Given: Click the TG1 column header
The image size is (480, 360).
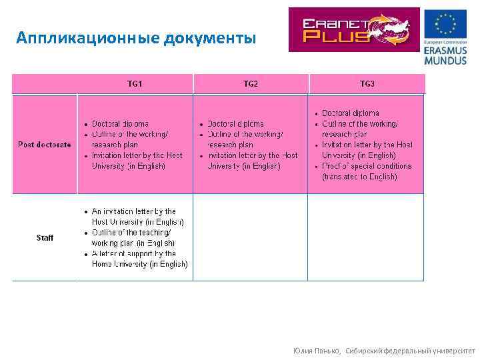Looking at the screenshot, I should [x=135, y=84].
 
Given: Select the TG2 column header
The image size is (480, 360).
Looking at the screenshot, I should [x=251, y=84].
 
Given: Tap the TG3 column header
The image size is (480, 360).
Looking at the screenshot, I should [x=367, y=84].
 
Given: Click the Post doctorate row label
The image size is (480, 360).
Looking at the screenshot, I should [x=45, y=145].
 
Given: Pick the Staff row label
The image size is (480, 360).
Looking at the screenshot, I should [x=45, y=238].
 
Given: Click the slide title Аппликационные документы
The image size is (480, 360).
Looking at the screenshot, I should [x=136, y=37].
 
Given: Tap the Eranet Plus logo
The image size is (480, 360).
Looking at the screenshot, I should [x=354, y=30].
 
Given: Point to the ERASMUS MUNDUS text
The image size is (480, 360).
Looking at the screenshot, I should [x=445, y=55].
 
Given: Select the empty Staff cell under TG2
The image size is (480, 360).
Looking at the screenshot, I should [x=251, y=237].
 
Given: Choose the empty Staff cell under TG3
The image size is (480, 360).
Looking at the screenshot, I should [x=366, y=237].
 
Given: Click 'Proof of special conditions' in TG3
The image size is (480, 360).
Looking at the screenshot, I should [x=367, y=166].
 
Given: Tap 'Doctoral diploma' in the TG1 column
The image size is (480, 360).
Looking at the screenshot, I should [x=120, y=124].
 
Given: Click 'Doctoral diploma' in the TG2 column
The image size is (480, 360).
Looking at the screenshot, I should [x=235, y=124].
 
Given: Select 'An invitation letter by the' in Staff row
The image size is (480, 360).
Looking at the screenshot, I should [x=133, y=211].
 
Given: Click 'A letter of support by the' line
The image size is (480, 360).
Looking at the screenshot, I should [x=133, y=253].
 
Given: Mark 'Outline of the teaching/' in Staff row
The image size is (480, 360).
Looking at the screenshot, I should [x=129, y=233].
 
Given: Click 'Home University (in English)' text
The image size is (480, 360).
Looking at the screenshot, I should [x=139, y=264].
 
